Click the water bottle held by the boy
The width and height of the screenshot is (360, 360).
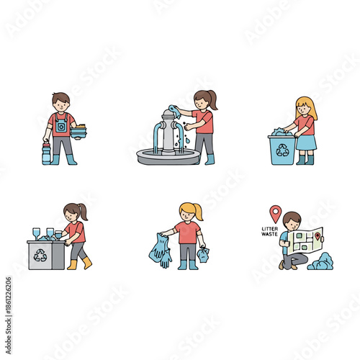click(47, 153)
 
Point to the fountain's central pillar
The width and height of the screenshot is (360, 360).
click(170, 132)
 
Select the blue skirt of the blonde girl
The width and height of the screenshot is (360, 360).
click(306, 143)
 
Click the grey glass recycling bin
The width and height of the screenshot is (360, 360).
click(46, 255)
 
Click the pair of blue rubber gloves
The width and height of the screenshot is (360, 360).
click(160, 251)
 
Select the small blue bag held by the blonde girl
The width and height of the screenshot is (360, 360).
click(204, 254)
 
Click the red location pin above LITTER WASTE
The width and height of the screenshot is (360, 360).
click(274, 213)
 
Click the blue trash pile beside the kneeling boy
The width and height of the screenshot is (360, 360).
click(320, 262)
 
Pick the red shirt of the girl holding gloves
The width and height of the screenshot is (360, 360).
click(187, 233)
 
